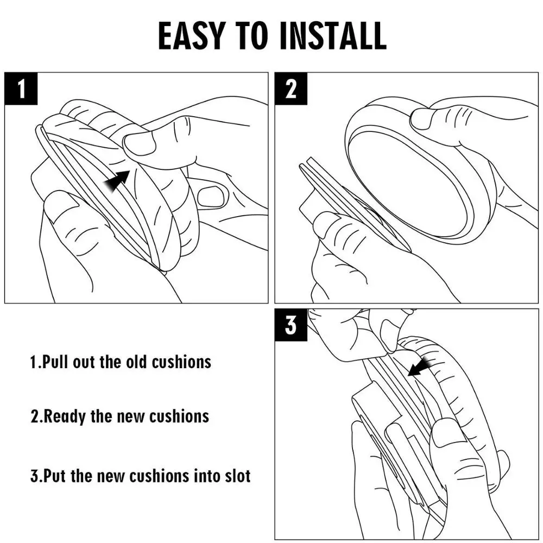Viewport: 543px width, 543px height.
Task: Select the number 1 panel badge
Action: pos(21,89)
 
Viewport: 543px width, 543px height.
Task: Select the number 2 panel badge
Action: pos(291,89)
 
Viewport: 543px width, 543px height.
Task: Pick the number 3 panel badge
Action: pos(291,325)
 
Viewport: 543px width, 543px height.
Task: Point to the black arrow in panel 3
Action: pos(420,367)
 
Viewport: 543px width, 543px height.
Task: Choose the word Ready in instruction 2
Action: pos(65,416)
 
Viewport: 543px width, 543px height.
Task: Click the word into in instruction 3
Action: pos(206,476)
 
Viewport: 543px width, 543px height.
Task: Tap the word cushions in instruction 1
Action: pos(181,362)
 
